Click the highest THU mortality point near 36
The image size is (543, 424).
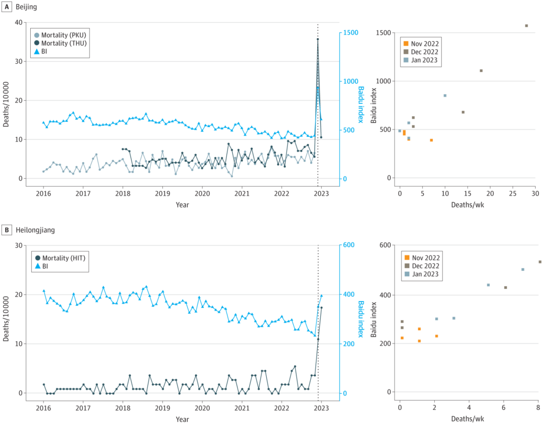318,39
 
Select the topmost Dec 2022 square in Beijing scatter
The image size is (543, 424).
526,25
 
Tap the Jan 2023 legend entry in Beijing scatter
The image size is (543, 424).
422,61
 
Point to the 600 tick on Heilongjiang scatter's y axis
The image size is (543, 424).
386,245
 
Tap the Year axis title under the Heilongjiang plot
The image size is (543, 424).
182,419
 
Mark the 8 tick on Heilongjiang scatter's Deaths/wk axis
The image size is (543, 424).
538,408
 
